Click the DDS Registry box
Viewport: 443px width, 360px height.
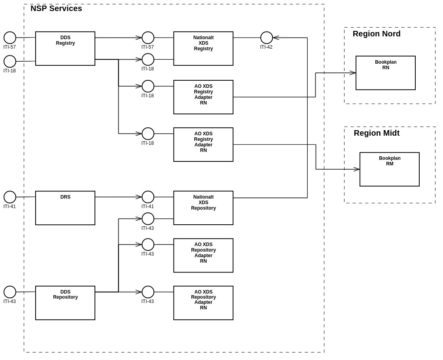pyautogui.click(x=65, y=49)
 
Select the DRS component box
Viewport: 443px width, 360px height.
pyautogui.click(x=65, y=208)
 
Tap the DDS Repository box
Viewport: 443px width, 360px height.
pyautogui.click(x=65, y=303)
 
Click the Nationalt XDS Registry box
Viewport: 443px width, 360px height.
pyautogui.click(x=203, y=49)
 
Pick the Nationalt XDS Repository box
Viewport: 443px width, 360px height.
pyautogui.click(x=203, y=208)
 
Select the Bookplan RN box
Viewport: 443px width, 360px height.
pyautogui.click(x=386, y=73)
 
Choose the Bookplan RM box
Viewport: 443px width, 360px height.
pyautogui.click(x=390, y=169)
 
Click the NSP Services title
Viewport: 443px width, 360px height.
pyautogui.click(x=56, y=8)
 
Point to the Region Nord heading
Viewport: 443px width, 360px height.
pyautogui.click(x=377, y=34)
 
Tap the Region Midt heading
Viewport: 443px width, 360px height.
pyautogui.click(x=377, y=133)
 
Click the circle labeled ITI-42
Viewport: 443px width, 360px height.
pyautogui.click(x=267, y=38)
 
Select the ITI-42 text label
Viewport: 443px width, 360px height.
pyautogui.click(x=266, y=47)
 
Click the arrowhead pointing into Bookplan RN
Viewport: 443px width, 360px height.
pyautogui.click(x=353, y=73)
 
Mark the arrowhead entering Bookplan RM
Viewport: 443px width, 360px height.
pyautogui.click(x=357, y=169)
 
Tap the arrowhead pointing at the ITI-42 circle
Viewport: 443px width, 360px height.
pyautogui.click(x=276, y=38)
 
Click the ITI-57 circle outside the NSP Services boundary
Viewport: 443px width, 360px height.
pyautogui.click(x=10, y=38)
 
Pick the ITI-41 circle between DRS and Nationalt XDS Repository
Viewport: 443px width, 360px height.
pyautogui.click(x=148, y=197)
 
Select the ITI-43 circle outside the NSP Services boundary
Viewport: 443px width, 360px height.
pyautogui.click(x=10, y=292)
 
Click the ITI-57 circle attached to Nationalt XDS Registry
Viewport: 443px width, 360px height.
pyautogui.click(x=148, y=38)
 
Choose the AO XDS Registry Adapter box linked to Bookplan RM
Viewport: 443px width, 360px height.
pyautogui.click(x=203, y=145)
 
